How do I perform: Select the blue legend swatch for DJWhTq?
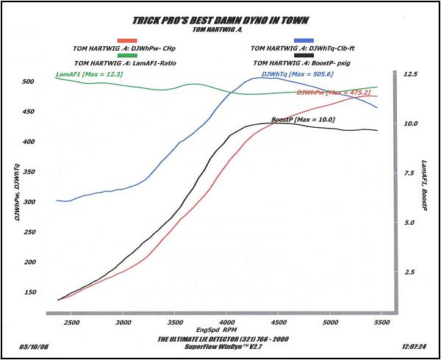tap(305, 40)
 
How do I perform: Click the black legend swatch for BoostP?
tap(305, 57)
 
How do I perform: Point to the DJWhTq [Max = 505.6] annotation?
tap(287, 73)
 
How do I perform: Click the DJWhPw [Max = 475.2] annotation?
tap(333, 93)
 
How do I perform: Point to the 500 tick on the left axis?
tap(29, 82)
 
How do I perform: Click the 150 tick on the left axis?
tap(29, 292)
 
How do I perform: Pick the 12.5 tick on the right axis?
tap(409, 75)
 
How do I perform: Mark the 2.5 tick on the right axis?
tap(409, 272)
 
